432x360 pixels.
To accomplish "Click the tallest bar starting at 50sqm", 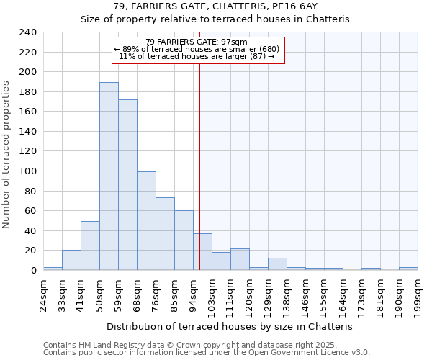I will coord(109,176).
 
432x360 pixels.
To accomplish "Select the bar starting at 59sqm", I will coord(127,185).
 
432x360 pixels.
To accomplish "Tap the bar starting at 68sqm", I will coord(146,221).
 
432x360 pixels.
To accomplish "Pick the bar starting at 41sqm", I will coord(90,246).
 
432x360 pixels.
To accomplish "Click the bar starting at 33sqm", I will coord(71,260).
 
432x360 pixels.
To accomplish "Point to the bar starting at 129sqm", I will coord(277,264).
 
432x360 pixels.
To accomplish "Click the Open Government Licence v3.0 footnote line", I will coord(207,353).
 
